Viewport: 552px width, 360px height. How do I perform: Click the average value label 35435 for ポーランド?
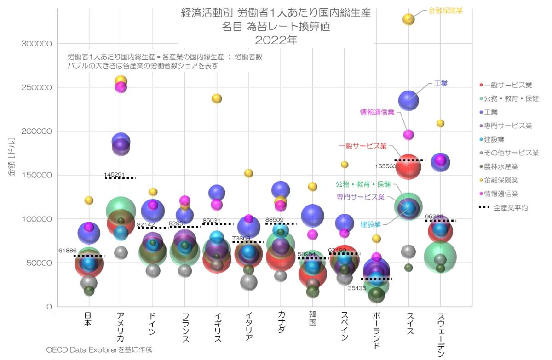(x=357, y=288)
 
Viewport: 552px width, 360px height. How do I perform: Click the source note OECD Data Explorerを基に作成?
(x=98, y=350)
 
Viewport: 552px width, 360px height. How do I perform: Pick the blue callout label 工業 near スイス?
(x=440, y=84)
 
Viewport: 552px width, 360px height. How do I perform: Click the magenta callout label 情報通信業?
(x=377, y=112)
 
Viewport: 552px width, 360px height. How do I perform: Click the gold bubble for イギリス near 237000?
(x=217, y=98)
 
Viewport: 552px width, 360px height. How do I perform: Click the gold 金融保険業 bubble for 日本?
(x=89, y=200)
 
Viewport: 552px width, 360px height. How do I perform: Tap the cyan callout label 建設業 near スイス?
(x=371, y=225)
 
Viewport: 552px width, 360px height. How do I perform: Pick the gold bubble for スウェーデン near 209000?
(x=440, y=123)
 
